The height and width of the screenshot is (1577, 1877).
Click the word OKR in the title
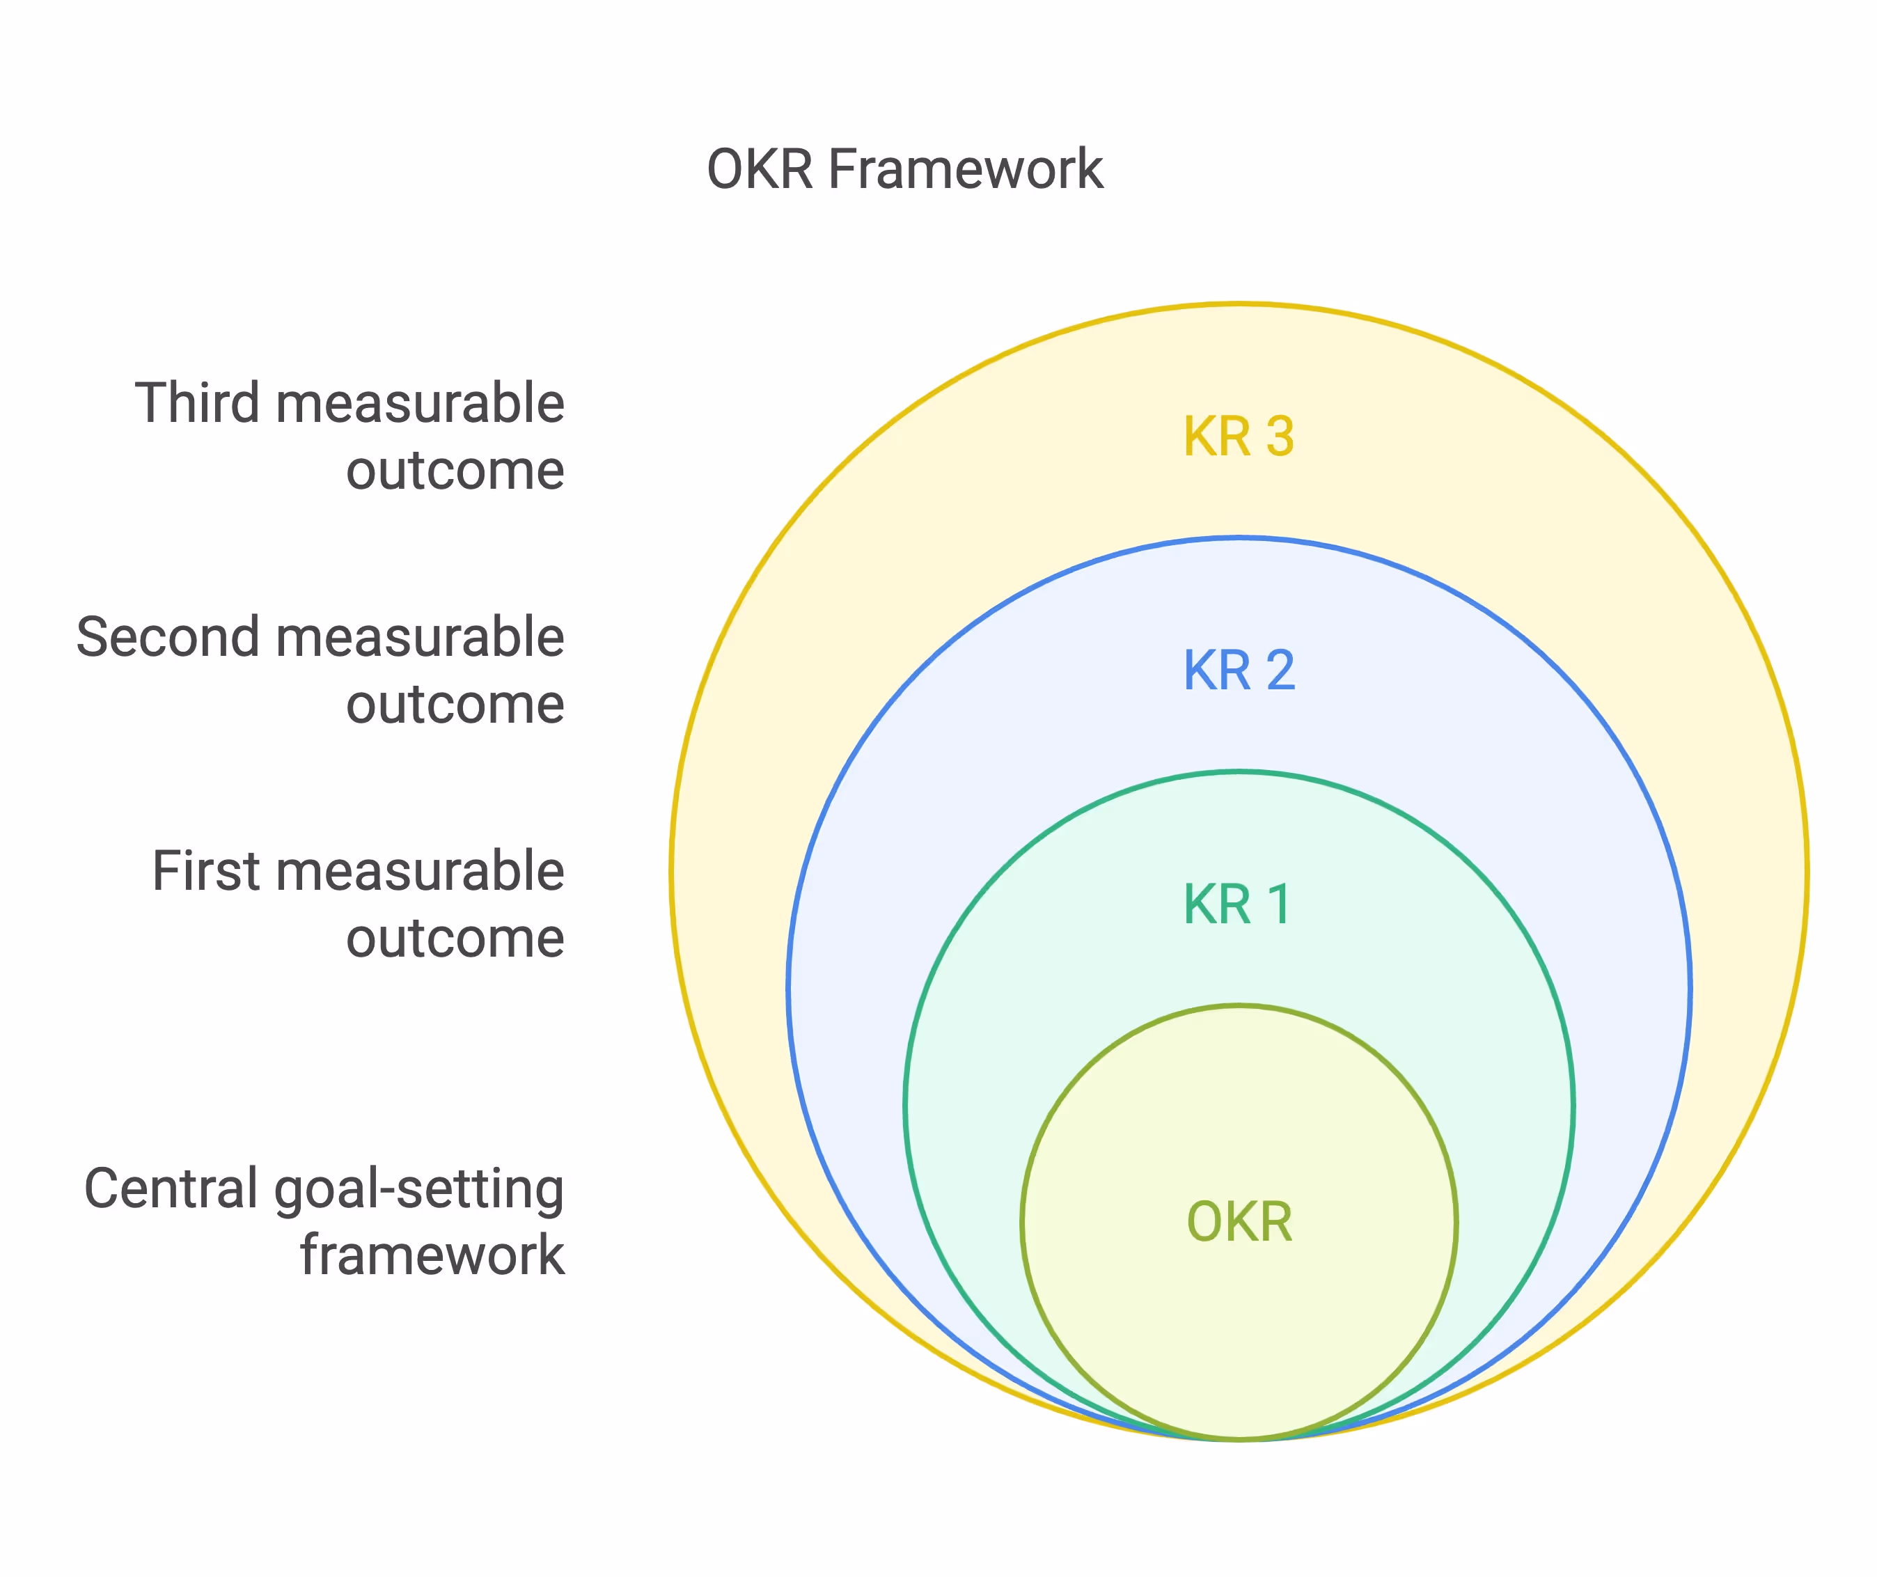click(x=760, y=169)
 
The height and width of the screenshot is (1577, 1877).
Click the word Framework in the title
click(x=966, y=169)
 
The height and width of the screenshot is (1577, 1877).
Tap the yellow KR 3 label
click(x=1239, y=437)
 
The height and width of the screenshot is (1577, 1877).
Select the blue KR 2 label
click(x=1239, y=670)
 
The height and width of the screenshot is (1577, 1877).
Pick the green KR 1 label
click(x=1237, y=904)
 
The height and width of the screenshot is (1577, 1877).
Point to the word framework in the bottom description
click(x=432, y=1255)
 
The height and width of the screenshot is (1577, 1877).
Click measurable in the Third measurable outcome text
click(x=420, y=402)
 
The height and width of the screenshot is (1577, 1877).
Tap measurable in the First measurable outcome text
click(x=420, y=871)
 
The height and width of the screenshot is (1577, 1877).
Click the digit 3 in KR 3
click(x=1280, y=437)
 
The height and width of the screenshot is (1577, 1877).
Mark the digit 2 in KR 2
click(x=1280, y=670)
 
